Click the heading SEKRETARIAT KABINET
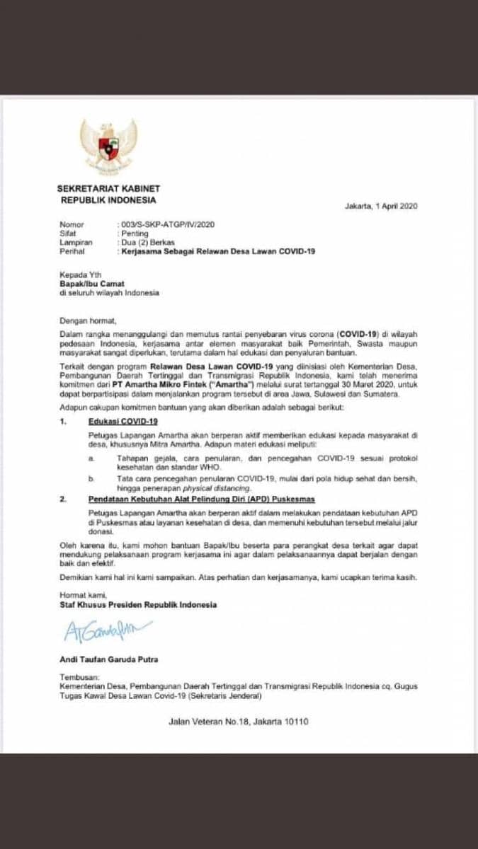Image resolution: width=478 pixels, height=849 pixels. [109, 188]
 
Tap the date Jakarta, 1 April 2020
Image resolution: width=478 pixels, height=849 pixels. [381, 207]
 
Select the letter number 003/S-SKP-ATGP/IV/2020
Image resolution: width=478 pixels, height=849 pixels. [156, 224]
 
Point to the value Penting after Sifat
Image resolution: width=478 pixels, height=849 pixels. [135, 233]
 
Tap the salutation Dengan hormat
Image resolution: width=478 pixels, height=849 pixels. [87, 320]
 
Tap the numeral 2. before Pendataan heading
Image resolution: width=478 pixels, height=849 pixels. [63, 499]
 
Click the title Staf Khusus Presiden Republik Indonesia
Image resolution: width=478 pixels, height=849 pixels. [138, 605]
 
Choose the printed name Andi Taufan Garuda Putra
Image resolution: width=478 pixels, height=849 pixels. [108, 659]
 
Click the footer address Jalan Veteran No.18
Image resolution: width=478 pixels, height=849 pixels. [239, 722]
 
